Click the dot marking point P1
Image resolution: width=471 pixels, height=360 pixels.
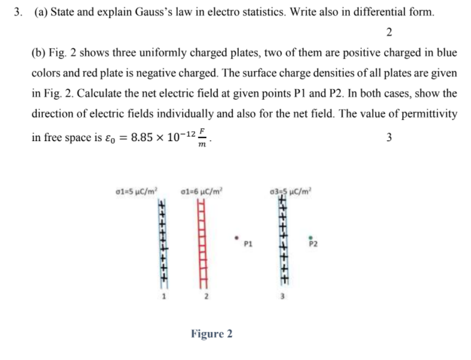[x=238, y=237]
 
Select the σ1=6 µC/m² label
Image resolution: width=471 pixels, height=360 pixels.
[x=203, y=192]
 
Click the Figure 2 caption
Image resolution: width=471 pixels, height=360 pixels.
[x=211, y=333]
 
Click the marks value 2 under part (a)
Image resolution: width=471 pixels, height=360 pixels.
[x=389, y=32]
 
